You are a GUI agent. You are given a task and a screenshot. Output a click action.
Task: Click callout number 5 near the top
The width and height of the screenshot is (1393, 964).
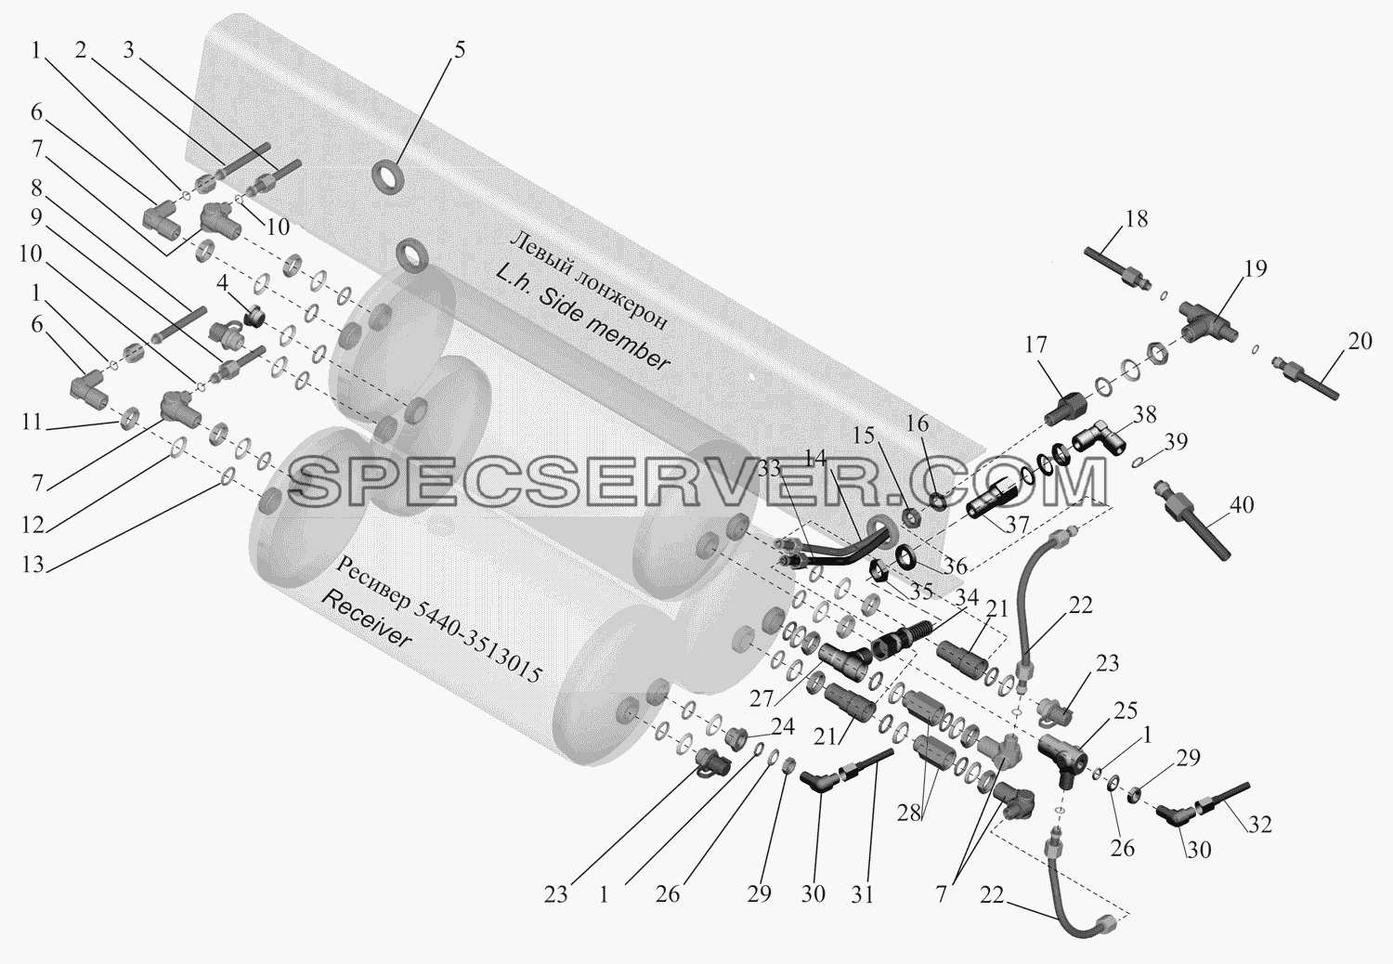click(459, 49)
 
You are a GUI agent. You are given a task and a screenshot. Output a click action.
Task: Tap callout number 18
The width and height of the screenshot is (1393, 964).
click(1136, 219)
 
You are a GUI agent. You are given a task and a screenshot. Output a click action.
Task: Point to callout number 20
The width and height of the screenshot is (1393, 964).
click(1360, 341)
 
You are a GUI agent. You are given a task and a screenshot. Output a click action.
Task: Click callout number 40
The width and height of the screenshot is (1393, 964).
click(1242, 504)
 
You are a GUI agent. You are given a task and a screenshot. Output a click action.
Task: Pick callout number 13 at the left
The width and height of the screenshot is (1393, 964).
click(33, 564)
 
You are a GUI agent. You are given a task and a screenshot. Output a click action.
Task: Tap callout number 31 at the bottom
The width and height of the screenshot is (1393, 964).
click(863, 893)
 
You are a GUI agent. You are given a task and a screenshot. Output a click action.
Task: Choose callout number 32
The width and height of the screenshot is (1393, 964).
click(1259, 825)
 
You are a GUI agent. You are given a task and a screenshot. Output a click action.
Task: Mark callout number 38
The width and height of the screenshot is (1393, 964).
click(1145, 414)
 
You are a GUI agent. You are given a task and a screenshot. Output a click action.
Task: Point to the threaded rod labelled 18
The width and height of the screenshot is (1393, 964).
click(1117, 268)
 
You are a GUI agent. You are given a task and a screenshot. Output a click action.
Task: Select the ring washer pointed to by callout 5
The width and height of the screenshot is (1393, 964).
click(388, 175)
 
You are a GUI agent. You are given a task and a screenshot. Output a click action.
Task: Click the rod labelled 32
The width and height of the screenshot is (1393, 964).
click(1223, 799)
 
